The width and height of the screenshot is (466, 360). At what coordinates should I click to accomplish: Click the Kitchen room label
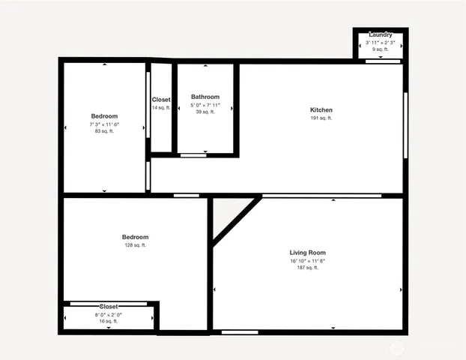coord(321,110)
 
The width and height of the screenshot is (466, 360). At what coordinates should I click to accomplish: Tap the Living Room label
coord(307,253)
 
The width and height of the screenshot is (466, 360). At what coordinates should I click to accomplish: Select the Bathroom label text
coord(205,97)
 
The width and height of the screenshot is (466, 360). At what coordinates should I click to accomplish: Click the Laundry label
coord(381,35)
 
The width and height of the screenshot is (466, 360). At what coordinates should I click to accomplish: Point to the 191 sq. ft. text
coord(321,118)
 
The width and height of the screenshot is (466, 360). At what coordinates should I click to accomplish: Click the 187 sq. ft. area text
coord(307,268)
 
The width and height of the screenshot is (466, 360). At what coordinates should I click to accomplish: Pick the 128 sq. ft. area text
coord(135,245)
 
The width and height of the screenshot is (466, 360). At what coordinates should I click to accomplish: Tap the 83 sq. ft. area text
coord(104,131)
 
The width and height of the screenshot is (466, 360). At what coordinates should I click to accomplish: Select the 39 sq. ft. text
coord(205,112)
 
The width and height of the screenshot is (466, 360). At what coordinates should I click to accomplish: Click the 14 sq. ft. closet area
coord(161,108)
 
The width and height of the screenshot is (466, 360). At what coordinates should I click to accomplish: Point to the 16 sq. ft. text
coord(109,321)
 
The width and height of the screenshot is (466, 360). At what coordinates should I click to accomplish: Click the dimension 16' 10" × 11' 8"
coord(307,260)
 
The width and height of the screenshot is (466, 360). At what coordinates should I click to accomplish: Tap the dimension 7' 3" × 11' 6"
coord(104,124)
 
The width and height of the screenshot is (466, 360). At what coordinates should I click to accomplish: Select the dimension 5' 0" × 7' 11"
coord(205,104)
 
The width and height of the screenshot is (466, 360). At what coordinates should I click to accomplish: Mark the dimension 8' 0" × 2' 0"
coord(109,314)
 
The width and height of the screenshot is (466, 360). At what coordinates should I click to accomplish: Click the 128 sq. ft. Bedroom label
coord(135,237)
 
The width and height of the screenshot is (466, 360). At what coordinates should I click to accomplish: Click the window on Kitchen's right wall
coord(405,124)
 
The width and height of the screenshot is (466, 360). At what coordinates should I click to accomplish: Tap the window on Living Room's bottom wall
coord(240,331)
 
